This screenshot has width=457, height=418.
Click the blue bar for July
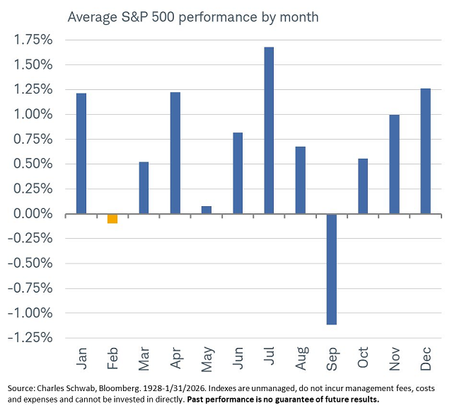(x=269, y=130)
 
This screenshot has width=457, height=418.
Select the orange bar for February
(x=112, y=218)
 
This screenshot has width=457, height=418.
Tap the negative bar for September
(x=331, y=269)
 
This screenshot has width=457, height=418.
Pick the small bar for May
(x=206, y=210)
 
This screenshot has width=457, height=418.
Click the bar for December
(x=425, y=151)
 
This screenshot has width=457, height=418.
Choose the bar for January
(x=81, y=153)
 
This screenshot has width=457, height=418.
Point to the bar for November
(x=394, y=164)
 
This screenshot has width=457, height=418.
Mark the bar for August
(x=300, y=180)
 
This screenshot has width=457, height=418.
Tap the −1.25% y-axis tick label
(x=31, y=338)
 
